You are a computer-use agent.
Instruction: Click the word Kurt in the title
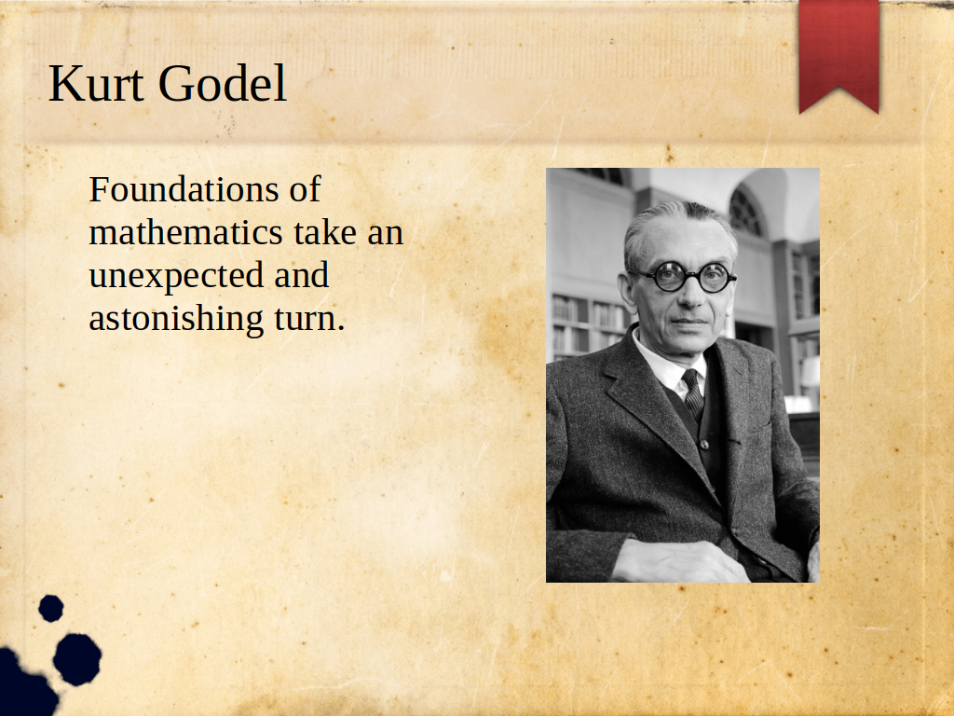(96, 83)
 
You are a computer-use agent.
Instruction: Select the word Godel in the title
(222, 83)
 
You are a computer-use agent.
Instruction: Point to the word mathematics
(186, 232)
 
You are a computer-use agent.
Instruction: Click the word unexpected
(176, 277)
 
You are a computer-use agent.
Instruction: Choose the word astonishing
(176, 320)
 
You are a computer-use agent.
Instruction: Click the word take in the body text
(325, 232)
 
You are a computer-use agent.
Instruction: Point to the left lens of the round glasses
(669, 277)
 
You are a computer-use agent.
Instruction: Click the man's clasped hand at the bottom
(678, 561)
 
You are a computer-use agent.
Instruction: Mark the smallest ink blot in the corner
(51, 608)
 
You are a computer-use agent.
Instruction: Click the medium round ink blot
(77, 659)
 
